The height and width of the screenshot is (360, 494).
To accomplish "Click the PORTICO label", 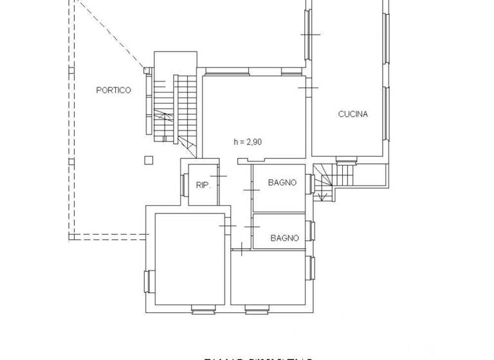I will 113,90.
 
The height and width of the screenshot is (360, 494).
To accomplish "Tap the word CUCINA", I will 353,114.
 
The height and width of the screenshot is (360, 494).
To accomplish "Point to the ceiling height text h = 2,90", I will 248,142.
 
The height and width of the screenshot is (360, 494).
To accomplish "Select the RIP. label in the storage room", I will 203,185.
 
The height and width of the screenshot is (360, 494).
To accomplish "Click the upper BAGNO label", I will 282,183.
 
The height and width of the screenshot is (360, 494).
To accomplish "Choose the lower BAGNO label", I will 284,238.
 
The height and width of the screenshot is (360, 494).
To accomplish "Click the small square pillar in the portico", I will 149,160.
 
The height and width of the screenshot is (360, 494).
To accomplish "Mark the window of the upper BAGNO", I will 310,184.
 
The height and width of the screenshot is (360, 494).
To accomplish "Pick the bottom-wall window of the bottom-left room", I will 202,310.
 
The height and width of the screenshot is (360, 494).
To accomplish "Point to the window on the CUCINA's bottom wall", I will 347,159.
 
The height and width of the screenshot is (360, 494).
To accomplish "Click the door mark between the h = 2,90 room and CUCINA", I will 309,85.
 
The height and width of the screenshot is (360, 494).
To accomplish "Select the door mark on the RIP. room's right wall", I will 220,175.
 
